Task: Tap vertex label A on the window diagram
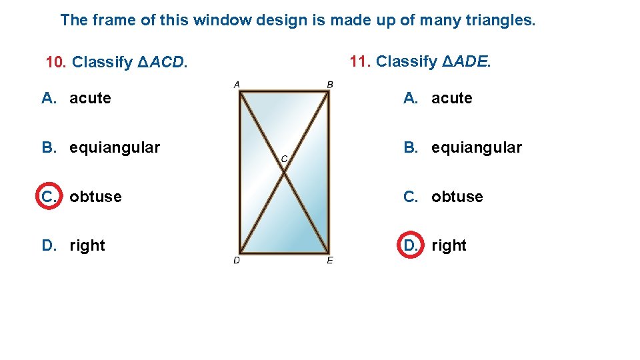pos(237,84)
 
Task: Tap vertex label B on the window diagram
pos(330,84)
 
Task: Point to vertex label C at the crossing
pos(284,159)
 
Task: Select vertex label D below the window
pos(237,260)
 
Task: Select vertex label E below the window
pos(330,260)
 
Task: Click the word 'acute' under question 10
pos(90,98)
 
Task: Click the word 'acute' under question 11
pos(451,98)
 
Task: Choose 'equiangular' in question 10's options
pos(115,147)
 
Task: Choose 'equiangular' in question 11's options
pos(477,147)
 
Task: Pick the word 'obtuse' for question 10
pos(95,197)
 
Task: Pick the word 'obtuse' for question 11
pos(457,197)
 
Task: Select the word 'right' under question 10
pos(87,245)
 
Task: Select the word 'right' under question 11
pos(449,245)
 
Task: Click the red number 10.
pos(55,63)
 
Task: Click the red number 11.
pos(359,61)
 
